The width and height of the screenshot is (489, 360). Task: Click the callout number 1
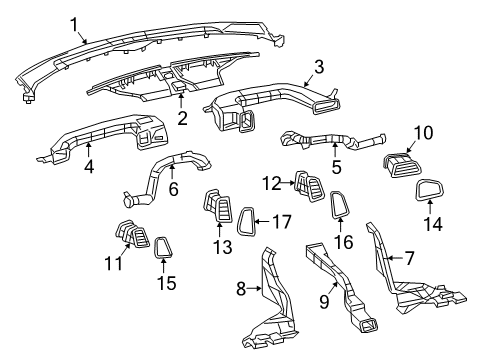point(72,21)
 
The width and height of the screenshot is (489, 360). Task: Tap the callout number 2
point(182,117)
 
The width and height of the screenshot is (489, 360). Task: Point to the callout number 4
point(88,167)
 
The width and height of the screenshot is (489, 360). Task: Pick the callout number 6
point(173,188)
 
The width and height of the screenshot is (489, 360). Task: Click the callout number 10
point(423,132)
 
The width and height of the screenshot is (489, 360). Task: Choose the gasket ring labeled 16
point(339,206)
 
